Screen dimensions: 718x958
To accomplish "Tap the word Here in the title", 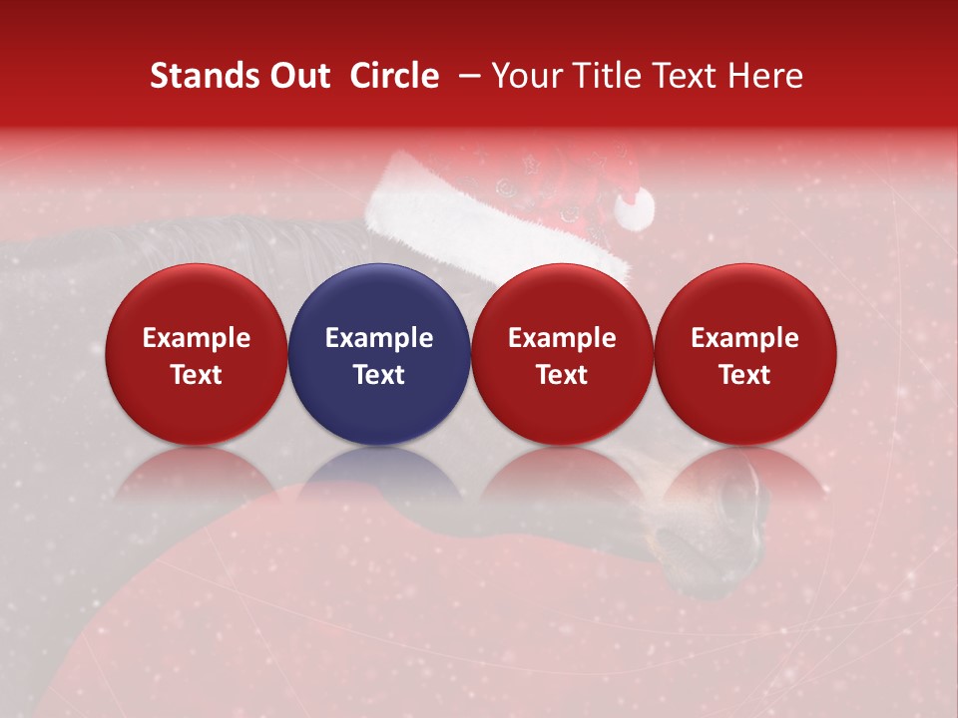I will [765, 76].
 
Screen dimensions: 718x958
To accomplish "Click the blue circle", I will [379, 299].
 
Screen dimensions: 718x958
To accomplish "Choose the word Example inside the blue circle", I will [379, 338].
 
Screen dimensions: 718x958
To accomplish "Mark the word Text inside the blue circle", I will [379, 374].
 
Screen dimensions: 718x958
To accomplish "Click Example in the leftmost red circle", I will [197, 338].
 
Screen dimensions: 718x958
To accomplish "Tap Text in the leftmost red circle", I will [197, 374].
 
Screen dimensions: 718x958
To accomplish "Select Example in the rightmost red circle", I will [745, 338].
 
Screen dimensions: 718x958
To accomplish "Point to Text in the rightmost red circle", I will [745, 374].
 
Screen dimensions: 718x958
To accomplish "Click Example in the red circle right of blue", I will [562, 338].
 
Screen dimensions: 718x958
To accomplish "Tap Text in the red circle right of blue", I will [562, 374].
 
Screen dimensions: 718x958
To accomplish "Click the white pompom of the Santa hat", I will [634, 207].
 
